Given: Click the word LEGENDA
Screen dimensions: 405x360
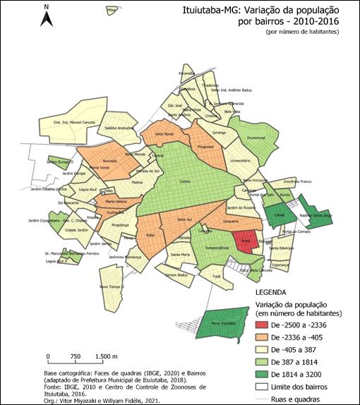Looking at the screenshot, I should (270, 291).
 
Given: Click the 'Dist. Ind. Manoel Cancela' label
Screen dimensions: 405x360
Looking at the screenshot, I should (75, 122).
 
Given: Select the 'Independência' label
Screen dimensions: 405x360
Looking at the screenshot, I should (218, 249).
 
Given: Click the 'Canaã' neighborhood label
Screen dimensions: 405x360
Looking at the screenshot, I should (279, 212).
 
